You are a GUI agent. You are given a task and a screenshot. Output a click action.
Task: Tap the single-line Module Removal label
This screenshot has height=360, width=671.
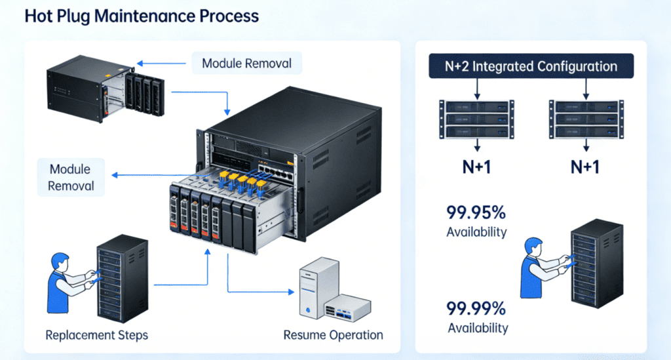click(x=247, y=64)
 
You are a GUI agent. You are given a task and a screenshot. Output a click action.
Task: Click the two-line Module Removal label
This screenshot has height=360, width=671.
click(x=71, y=177)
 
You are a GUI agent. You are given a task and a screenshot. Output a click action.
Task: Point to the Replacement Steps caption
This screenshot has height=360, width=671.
click(x=96, y=335)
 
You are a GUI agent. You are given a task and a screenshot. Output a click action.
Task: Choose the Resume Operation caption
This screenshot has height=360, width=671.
click(x=333, y=335)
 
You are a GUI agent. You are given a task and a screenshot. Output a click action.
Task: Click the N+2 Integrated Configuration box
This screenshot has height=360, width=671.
click(x=531, y=66)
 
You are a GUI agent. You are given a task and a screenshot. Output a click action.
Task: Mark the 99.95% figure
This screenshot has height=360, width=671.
click(x=476, y=213)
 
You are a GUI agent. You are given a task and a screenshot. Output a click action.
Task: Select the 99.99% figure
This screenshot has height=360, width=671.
click(x=476, y=308)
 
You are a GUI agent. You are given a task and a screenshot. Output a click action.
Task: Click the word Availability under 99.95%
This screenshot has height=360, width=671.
click(x=476, y=232)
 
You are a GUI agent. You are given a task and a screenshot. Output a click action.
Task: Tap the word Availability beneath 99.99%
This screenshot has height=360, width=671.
click(x=476, y=327)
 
